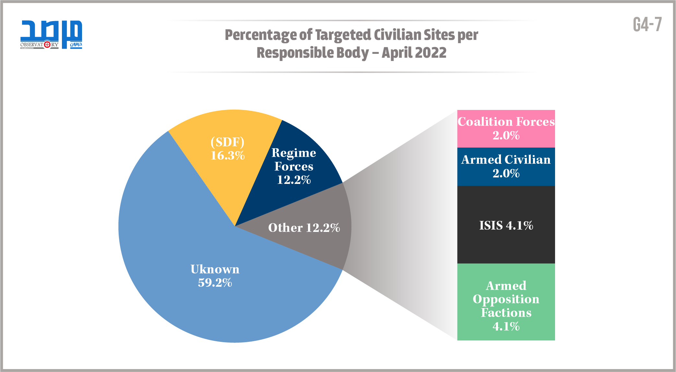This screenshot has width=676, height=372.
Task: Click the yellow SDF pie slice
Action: click(x=227, y=130)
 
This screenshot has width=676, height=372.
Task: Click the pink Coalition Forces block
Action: click(x=506, y=128)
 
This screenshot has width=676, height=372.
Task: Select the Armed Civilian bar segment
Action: click(x=506, y=166)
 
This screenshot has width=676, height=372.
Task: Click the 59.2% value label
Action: click(x=215, y=283)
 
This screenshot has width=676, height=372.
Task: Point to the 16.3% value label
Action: click(x=228, y=156)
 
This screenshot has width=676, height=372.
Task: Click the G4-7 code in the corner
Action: click(x=647, y=25)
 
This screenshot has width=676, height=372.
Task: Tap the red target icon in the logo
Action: click(x=47, y=44)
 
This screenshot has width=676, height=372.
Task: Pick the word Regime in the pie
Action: click(x=293, y=153)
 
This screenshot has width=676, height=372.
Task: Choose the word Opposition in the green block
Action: click(x=506, y=299)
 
